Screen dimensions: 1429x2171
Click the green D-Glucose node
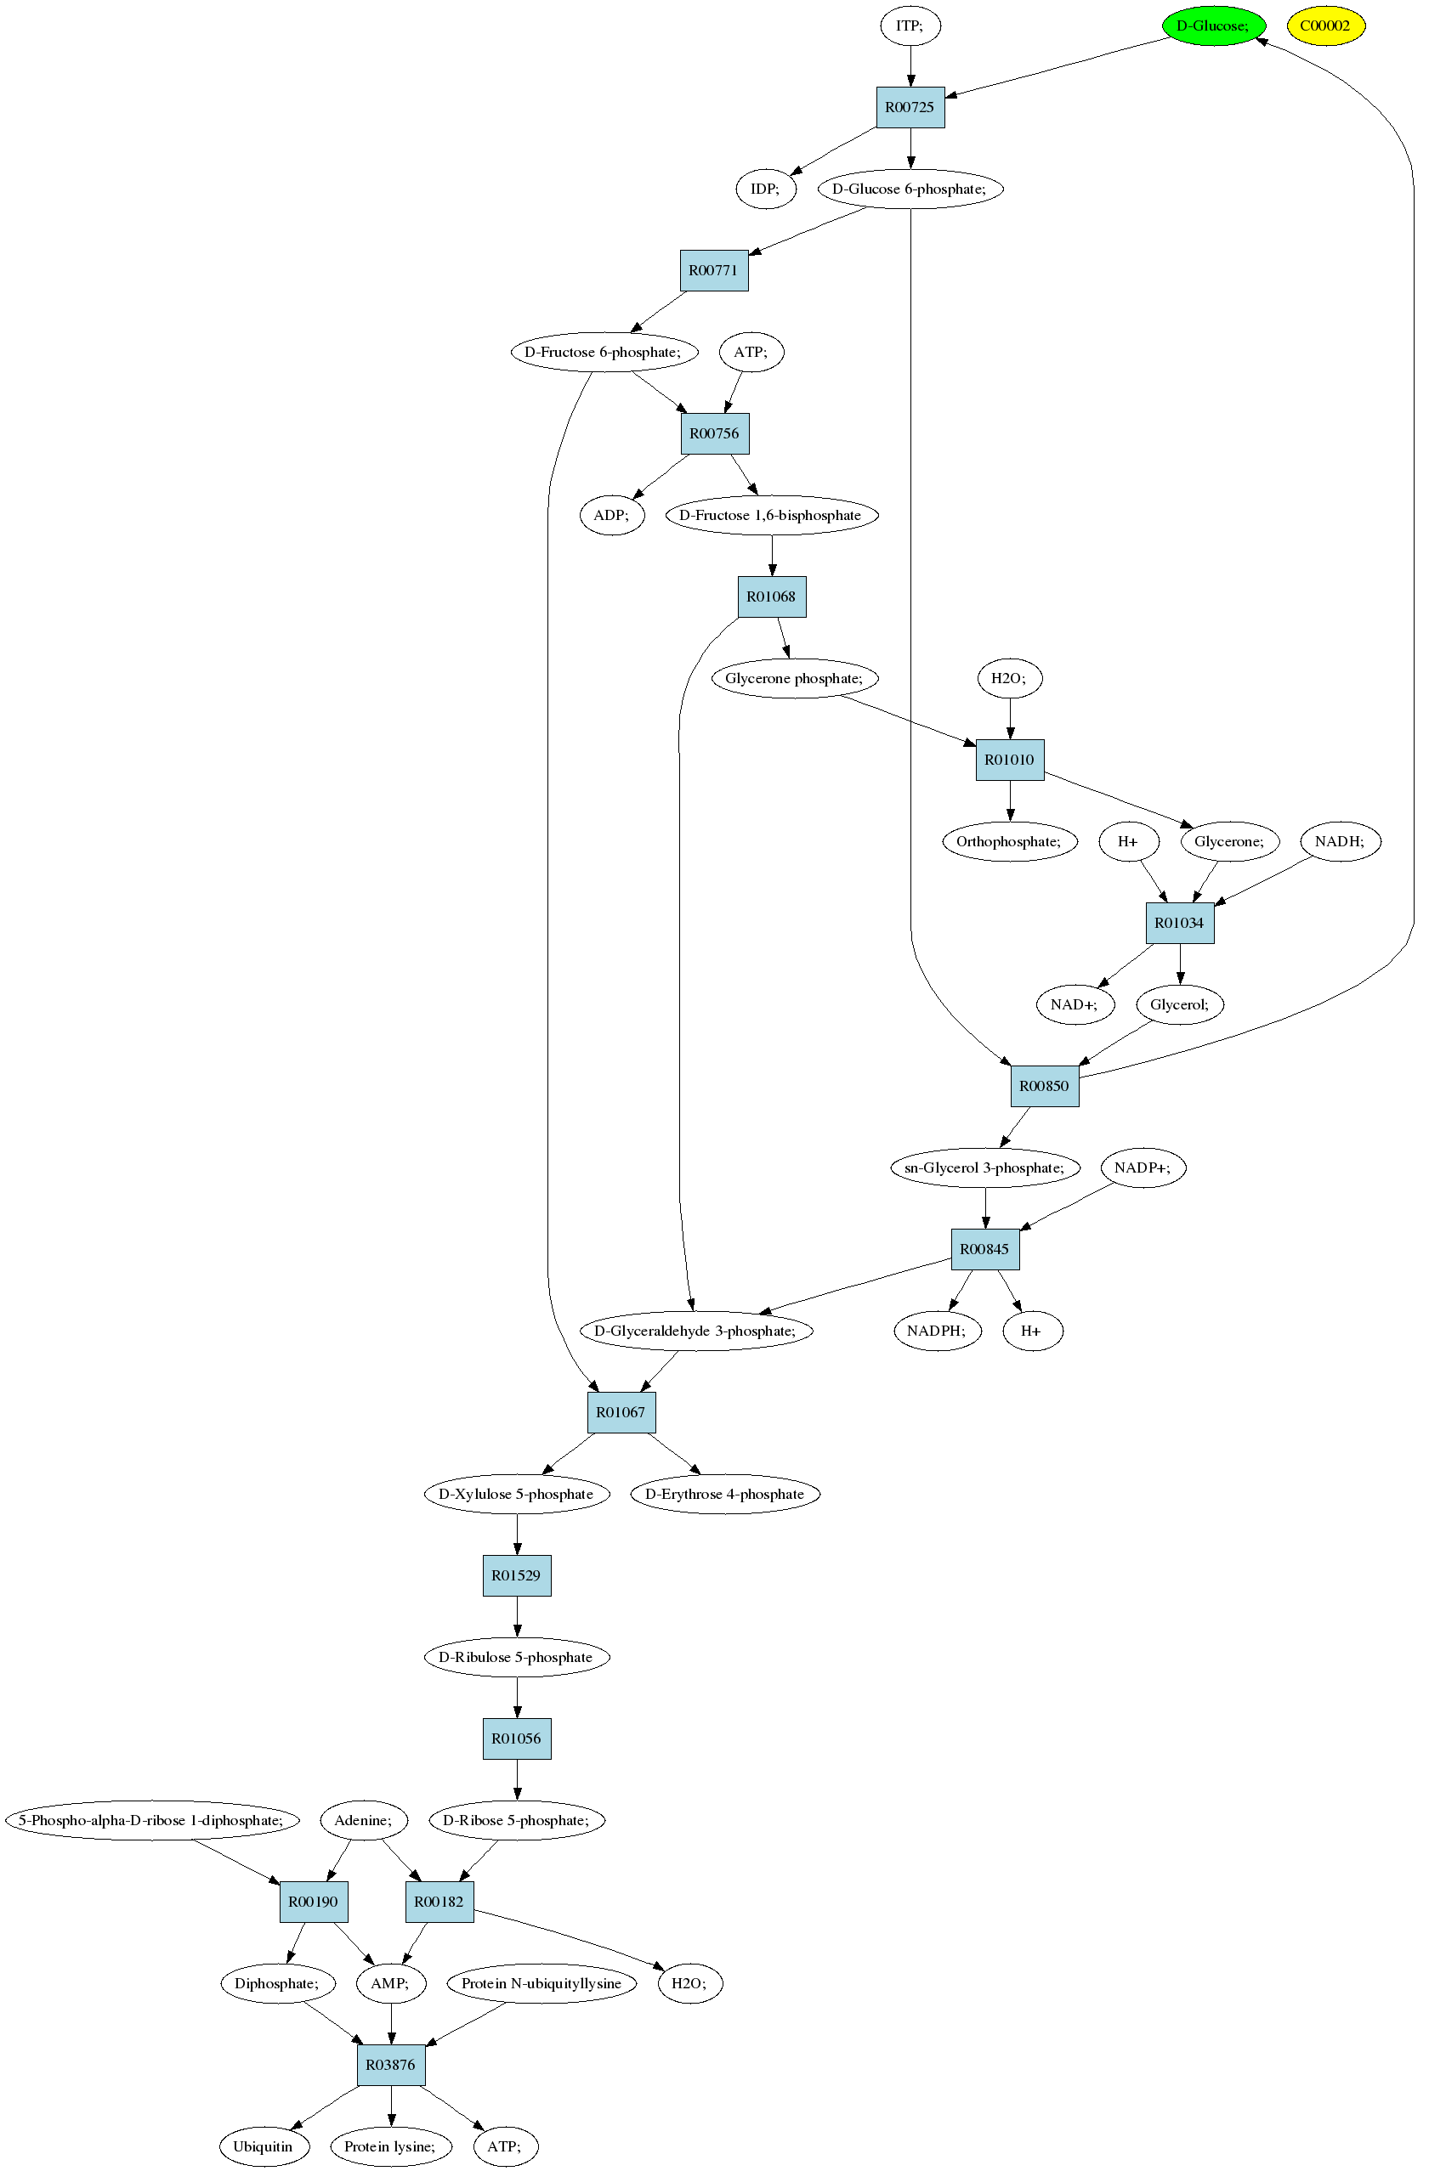(1214, 25)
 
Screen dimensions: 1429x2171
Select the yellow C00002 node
(1326, 25)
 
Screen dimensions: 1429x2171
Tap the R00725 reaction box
(910, 108)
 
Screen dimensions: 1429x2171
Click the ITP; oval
(910, 25)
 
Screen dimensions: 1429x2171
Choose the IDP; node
(766, 189)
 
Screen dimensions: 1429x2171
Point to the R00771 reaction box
(713, 271)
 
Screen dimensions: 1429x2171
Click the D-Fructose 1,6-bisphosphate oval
(771, 516)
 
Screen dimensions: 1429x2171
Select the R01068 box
(771, 596)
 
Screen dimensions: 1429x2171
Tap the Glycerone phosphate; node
(794, 679)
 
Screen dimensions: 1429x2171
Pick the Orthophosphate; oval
(1009, 841)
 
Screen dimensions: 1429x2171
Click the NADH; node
(1340, 841)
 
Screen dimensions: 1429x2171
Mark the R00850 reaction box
(1044, 1087)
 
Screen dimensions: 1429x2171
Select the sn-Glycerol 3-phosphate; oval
(984, 1167)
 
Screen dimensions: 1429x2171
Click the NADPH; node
(936, 1331)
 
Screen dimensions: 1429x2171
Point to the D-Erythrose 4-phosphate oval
(724, 1494)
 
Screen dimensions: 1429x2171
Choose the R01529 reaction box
(517, 1575)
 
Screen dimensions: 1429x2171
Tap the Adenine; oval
(363, 1821)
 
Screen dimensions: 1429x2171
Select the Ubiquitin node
(264, 2146)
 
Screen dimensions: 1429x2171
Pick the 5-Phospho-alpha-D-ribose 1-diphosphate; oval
(151, 1821)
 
